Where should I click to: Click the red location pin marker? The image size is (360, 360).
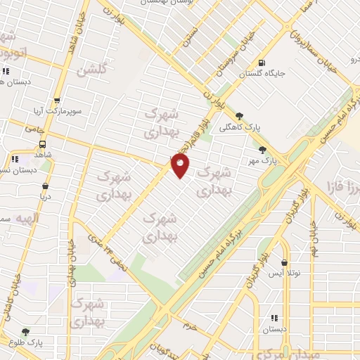pos(180,165)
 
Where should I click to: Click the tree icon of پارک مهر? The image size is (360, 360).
pos(263,149)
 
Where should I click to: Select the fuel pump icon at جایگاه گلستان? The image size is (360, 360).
pos(263,62)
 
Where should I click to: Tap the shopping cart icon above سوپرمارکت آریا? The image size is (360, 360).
pos(58,101)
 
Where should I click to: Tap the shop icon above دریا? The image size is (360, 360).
pos(46,187)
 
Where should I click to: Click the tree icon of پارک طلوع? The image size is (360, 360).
pos(26,332)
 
